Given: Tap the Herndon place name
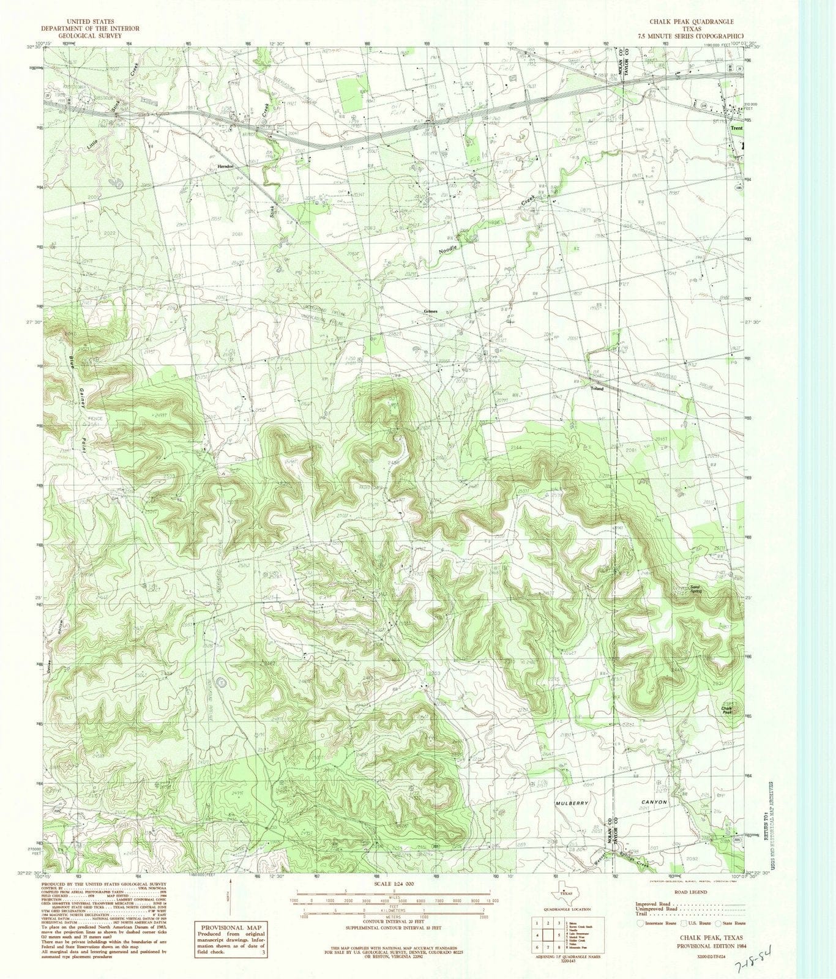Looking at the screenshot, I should click(x=226, y=166).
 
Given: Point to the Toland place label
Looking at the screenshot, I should click(x=596, y=389).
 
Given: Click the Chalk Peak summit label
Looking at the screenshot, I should click(x=727, y=709).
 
